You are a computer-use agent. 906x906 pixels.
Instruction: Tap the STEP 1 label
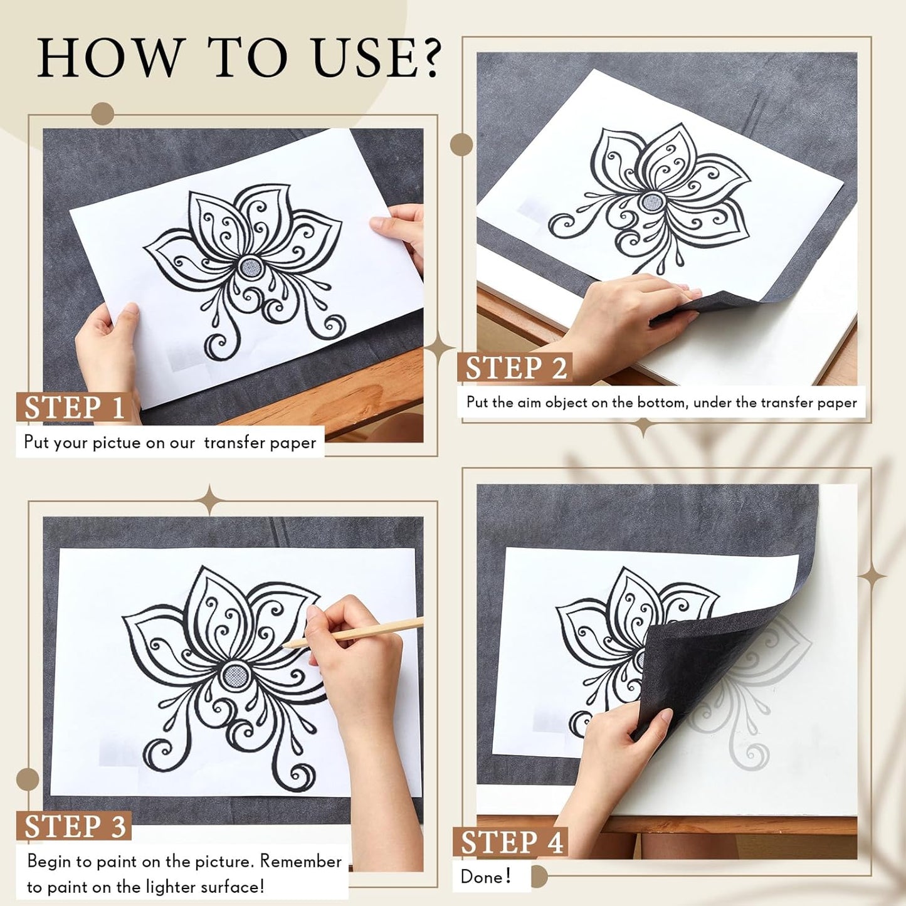click(x=74, y=407)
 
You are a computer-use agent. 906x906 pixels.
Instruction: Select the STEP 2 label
click(x=515, y=367)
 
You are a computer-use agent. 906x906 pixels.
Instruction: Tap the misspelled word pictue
click(x=117, y=443)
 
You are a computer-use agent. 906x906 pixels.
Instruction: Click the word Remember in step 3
click(x=301, y=861)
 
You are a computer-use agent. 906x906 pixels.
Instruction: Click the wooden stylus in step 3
click(x=352, y=633)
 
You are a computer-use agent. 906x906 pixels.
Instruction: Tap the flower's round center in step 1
click(x=250, y=267)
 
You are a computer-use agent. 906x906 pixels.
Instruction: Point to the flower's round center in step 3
click(x=235, y=676)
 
